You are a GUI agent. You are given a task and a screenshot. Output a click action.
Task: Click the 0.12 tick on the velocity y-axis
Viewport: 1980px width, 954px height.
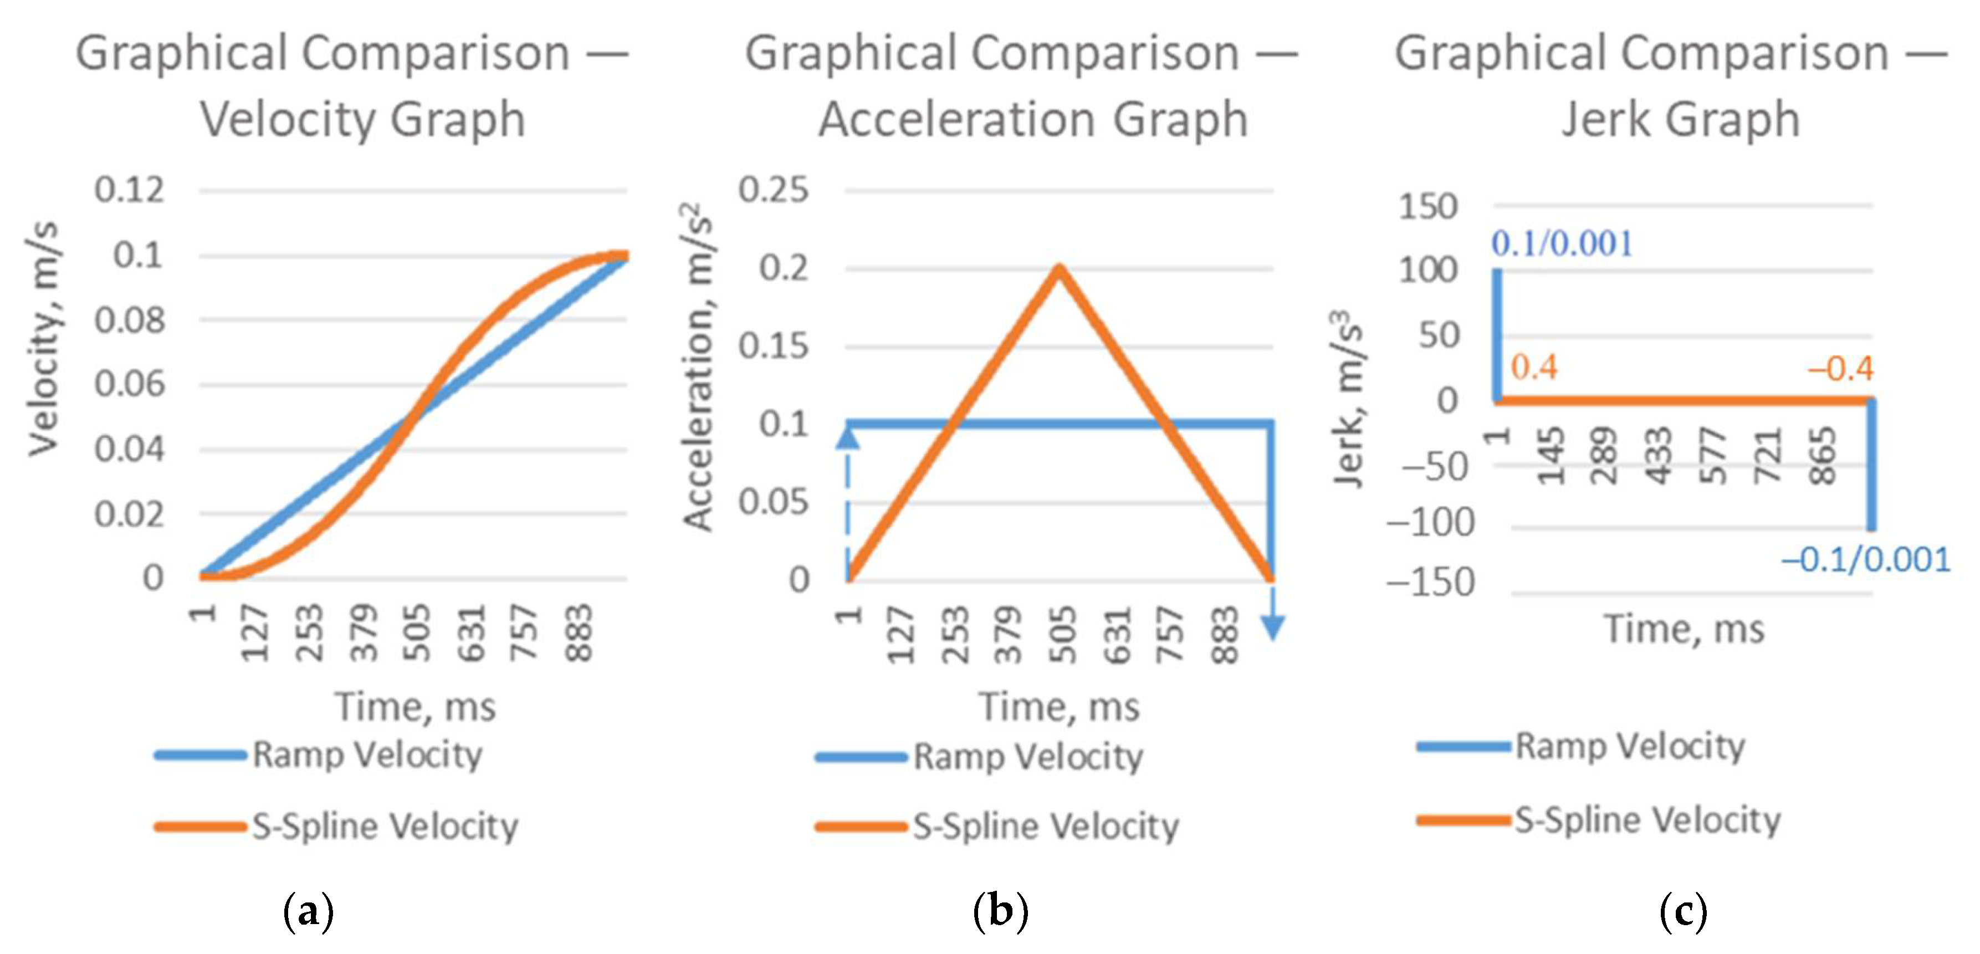pos(129,190)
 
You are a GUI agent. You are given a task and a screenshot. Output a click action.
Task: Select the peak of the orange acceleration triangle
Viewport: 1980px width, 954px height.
pos(1058,268)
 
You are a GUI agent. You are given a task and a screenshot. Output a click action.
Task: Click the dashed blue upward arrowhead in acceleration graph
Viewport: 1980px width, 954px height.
pos(847,437)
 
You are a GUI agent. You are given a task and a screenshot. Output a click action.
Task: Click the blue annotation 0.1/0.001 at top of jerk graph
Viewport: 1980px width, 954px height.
pos(1562,244)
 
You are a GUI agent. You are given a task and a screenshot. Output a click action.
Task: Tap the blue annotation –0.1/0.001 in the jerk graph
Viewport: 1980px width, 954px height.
pos(1865,560)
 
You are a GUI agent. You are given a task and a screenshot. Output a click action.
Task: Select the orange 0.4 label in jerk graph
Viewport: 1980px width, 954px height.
pos(1534,368)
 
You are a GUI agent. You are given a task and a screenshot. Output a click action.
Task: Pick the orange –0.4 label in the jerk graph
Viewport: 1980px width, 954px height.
pos(1840,370)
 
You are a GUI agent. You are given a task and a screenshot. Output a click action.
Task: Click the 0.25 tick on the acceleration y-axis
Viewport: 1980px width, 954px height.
pos(773,190)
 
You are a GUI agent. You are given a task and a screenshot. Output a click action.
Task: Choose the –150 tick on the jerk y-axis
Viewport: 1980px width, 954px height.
pos(1430,582)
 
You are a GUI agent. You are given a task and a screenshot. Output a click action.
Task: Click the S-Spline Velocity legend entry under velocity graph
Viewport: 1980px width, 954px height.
pos(385,827)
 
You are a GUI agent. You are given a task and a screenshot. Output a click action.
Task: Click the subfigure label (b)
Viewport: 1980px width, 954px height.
pos(1000,912)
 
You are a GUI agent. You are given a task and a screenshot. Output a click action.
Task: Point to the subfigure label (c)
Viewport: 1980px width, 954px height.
pos(1684,912)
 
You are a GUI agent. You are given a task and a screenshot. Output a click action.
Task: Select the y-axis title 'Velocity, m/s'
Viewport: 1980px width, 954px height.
pos(44,338)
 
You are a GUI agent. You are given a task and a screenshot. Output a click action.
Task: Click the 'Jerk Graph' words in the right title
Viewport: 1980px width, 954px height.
pos(1681,120)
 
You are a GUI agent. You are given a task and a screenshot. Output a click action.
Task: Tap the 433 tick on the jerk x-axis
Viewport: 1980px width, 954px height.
pos(1661,455)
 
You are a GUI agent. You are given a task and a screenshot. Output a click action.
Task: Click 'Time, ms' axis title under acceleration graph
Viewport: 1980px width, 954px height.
pos(1058,706)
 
